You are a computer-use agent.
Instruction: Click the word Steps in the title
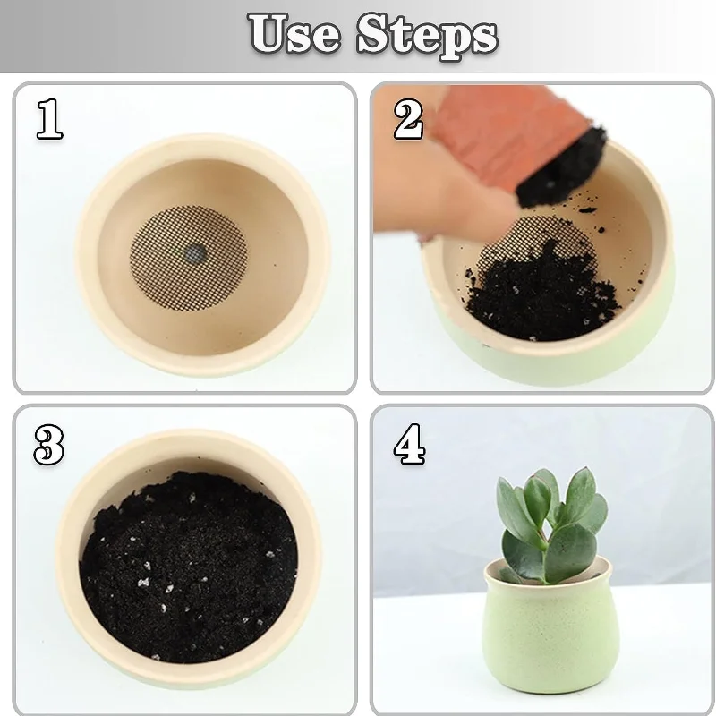[427, 36]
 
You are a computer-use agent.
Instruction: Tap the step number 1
[49, 119]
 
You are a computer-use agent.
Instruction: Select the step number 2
[408, 119]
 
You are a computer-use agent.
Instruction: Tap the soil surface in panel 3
[188, 564]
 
